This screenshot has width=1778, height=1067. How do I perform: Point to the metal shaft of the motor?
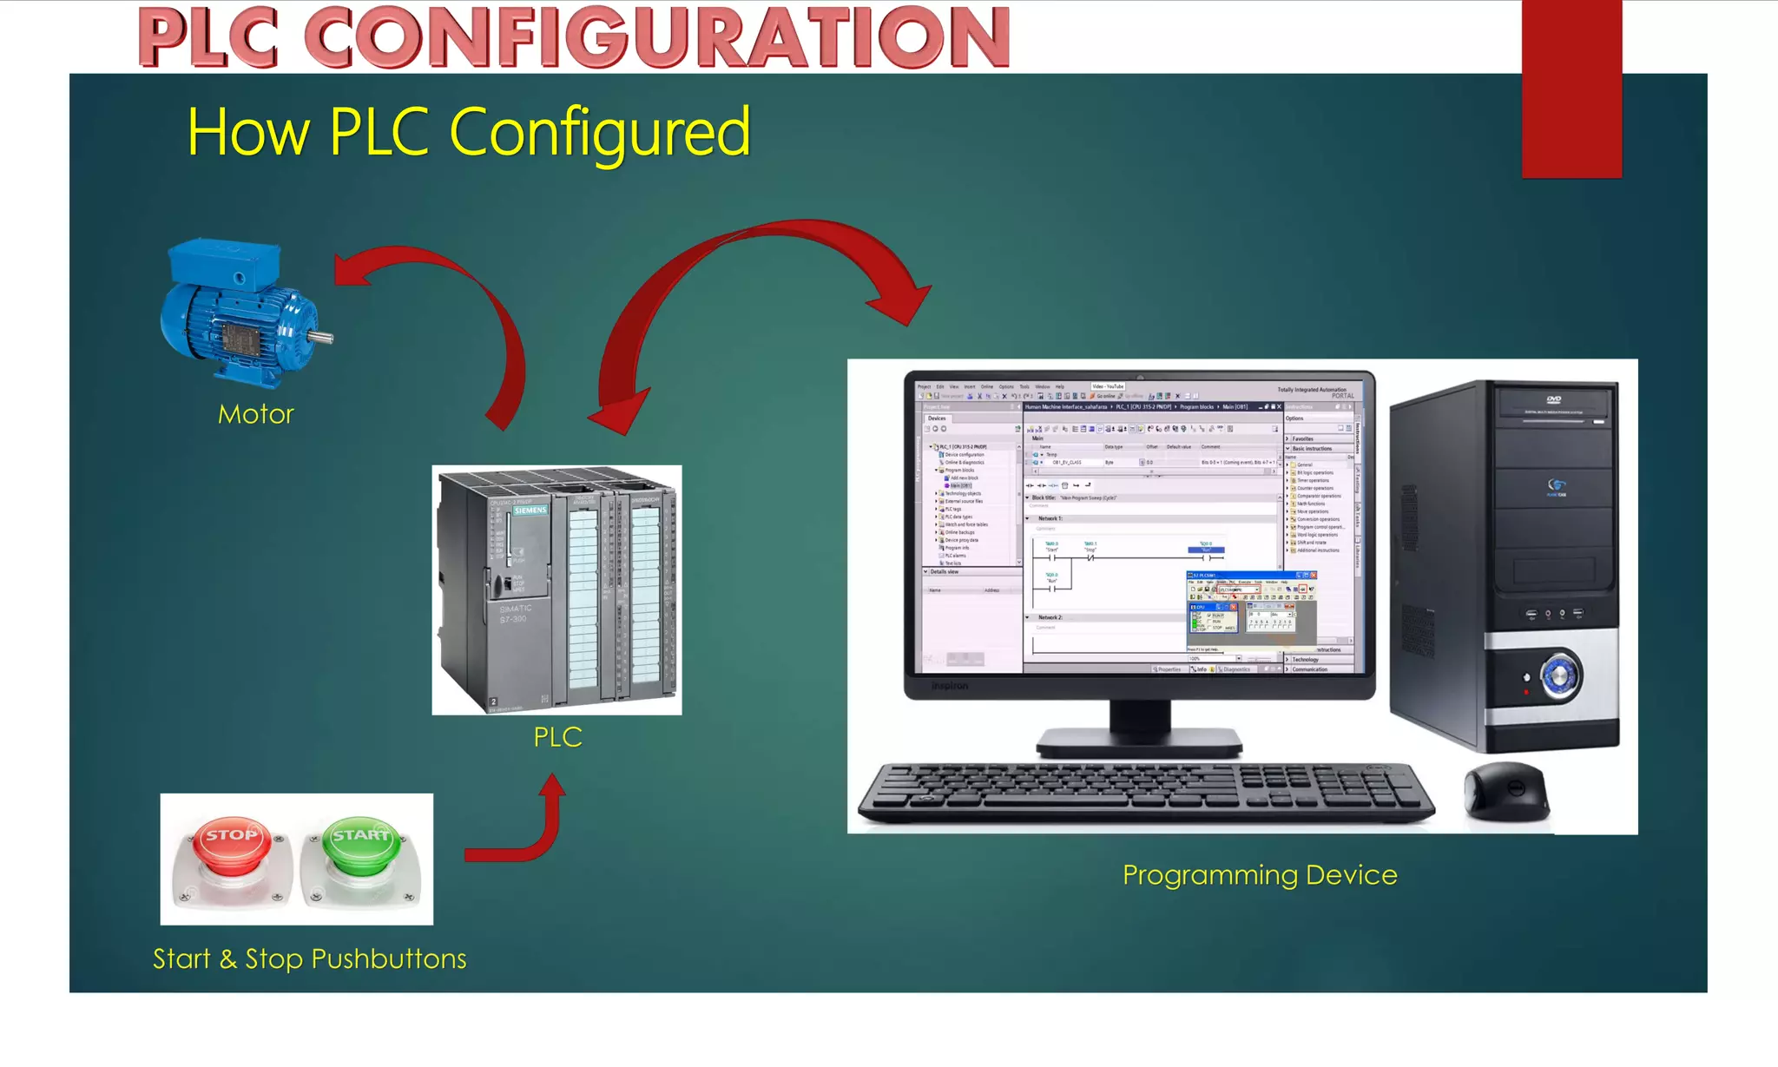click(x=322, y=337)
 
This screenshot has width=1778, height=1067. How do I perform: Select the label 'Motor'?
click(x=256, y=414)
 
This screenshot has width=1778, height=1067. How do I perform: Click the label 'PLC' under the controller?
click(x=557, y=737)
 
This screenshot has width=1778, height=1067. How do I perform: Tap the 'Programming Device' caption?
click(x=1260, y=874)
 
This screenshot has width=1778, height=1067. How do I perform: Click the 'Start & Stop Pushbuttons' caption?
click(x=310, y=958)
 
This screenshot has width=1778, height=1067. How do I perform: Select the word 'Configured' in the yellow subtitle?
click(x=599, y=132)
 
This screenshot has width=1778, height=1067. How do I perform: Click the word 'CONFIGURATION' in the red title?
click(x=657, y=38)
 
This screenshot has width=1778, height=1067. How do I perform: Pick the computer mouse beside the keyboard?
click(x=1506, y=790)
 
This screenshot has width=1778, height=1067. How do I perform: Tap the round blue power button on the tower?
click(x=1560, y=675)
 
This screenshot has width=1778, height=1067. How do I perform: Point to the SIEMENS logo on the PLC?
click(x=530, y=510)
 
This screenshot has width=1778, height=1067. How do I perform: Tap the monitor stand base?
click(x=1139, y=744)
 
